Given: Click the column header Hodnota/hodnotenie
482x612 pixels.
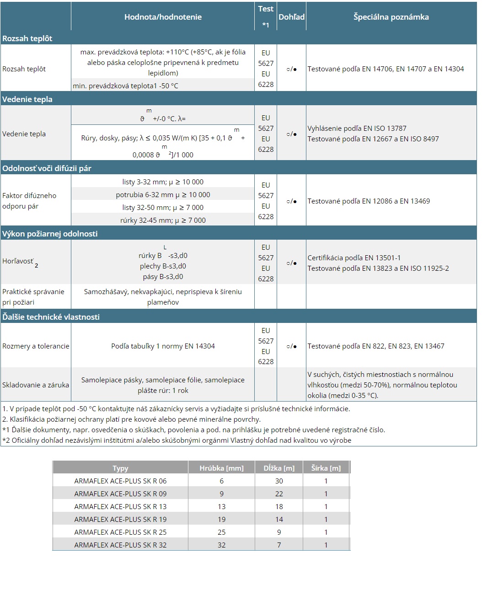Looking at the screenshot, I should coord(163,17).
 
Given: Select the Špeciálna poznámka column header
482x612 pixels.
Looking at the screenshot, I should coord(391,17).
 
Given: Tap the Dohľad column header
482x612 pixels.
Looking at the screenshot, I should coord(291,17).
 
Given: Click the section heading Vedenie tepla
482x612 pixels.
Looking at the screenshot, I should coord(27,99).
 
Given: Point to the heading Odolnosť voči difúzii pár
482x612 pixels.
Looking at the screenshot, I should coord(47,168).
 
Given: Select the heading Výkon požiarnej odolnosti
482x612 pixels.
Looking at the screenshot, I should coord(50,234).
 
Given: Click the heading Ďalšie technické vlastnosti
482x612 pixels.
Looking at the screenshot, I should coord(51,317).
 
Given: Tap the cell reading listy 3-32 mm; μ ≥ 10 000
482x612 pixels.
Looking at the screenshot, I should coord(163,182).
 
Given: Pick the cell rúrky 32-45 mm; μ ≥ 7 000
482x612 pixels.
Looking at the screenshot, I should coord(163,220).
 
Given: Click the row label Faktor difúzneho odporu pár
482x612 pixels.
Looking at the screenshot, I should coord(29,201).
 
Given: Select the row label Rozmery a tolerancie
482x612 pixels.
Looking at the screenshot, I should coord(36,346).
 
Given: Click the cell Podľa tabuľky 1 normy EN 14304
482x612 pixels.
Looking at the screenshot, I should coord(163,346).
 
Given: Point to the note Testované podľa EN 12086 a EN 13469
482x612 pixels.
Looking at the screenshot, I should coord(369,201).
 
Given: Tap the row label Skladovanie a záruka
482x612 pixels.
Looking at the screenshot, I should coord(36,385).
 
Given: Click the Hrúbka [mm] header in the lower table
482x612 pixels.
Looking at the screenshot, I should coord(221,468).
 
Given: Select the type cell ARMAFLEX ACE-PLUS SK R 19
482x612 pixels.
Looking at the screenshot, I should coord(120,520).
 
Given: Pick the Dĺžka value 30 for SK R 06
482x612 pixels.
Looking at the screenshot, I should coord(279,481).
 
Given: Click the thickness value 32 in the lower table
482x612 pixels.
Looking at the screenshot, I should coord(221,545).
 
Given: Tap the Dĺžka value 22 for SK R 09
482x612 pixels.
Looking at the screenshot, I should coord(279,494).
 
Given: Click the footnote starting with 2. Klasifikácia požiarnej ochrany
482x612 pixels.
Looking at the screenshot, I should coord(131,419).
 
